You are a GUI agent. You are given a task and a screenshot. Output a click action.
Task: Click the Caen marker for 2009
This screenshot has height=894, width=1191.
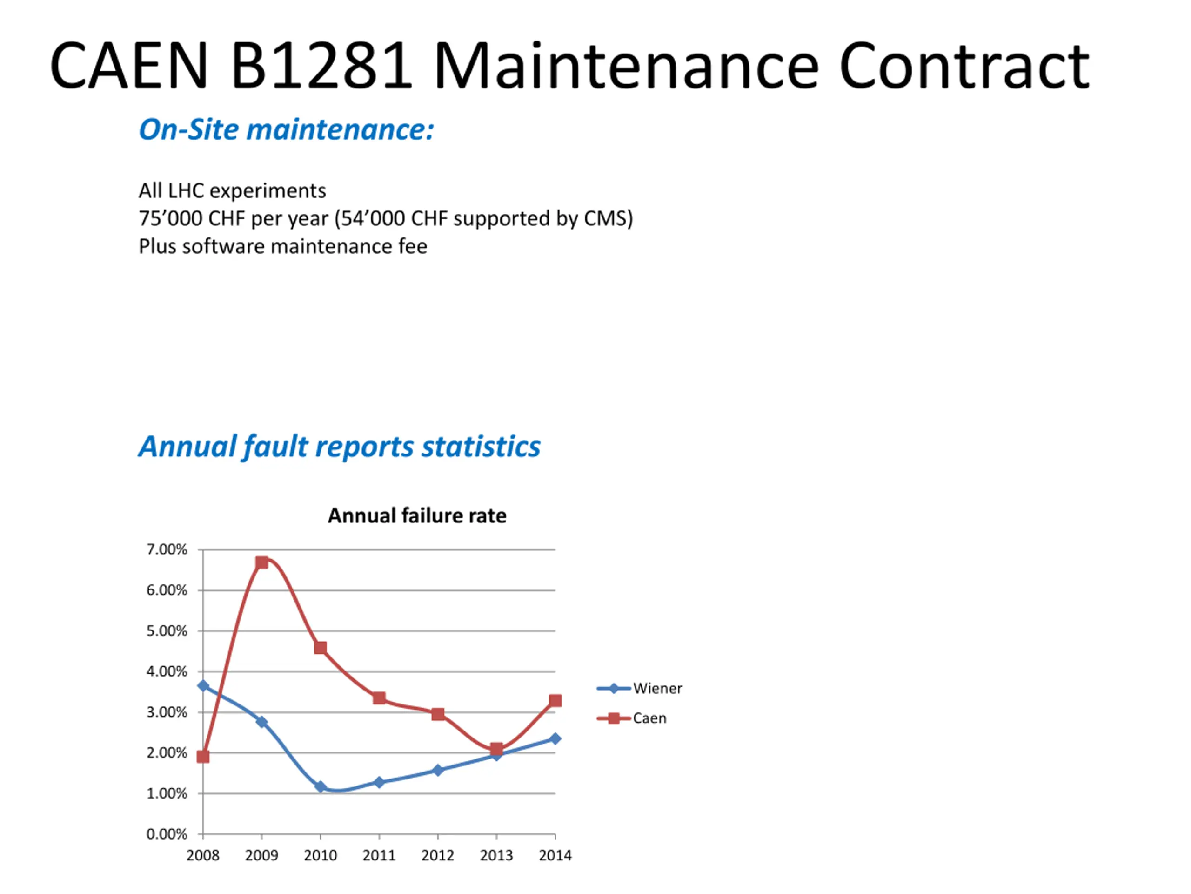pos(261,562)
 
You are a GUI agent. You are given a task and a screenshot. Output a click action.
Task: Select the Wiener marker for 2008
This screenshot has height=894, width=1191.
pos(203,685)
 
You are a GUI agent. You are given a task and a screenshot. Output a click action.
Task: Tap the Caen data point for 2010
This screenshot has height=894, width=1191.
pos(321,648)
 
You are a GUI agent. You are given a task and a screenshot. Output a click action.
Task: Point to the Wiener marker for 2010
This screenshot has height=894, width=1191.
pos(321,787)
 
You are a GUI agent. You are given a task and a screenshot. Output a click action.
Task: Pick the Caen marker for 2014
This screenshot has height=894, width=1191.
pos(555,701)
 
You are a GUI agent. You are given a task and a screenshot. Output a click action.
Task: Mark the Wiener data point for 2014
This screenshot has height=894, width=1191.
pos(555,738)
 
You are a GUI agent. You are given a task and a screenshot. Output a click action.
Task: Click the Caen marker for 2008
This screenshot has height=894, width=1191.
pos(203,757)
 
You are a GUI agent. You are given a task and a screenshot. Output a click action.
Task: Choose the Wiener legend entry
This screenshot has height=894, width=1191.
pos(640,688)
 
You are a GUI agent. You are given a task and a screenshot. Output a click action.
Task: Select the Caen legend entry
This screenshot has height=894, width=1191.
pos(632,718)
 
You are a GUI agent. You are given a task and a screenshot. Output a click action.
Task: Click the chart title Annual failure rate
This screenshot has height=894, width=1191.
pos(417,516)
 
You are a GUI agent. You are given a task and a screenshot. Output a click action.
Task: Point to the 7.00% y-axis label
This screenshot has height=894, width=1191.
pos(167,549)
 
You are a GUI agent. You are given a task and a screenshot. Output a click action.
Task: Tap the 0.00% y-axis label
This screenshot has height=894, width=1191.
pos(167,834)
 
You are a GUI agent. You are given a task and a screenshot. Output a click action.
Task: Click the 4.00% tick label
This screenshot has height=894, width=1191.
pos(167,671)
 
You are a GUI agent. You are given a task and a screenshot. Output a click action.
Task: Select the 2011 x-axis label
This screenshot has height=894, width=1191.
pos(379,855)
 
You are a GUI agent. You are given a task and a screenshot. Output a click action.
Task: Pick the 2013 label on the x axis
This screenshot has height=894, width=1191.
pos(496,855)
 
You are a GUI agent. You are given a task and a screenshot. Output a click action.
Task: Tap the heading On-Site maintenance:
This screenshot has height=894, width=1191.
pos(287,130)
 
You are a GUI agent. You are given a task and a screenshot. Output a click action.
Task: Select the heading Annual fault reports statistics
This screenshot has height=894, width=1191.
pos(339,446)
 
